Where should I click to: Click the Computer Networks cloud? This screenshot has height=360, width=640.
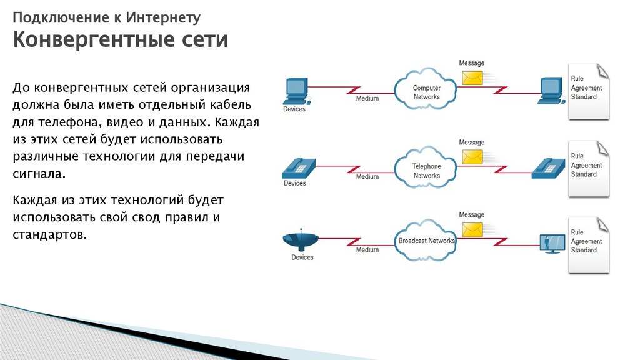(427, 91)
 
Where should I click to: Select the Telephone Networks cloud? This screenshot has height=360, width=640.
(427, 170)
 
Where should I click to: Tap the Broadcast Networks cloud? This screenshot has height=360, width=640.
(427, 241)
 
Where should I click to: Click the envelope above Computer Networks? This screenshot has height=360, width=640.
(472, 77)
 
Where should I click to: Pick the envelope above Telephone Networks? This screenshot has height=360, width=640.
(472, 156)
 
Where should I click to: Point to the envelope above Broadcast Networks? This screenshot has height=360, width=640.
(472, 229)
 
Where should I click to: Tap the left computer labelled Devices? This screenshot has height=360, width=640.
(296, 91)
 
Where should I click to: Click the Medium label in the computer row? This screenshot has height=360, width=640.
(367, 99)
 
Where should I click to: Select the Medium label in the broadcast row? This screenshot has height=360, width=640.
(367, 250)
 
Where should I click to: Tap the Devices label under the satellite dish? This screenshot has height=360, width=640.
(302, 257)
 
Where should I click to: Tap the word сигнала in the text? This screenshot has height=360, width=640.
(37, 173)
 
